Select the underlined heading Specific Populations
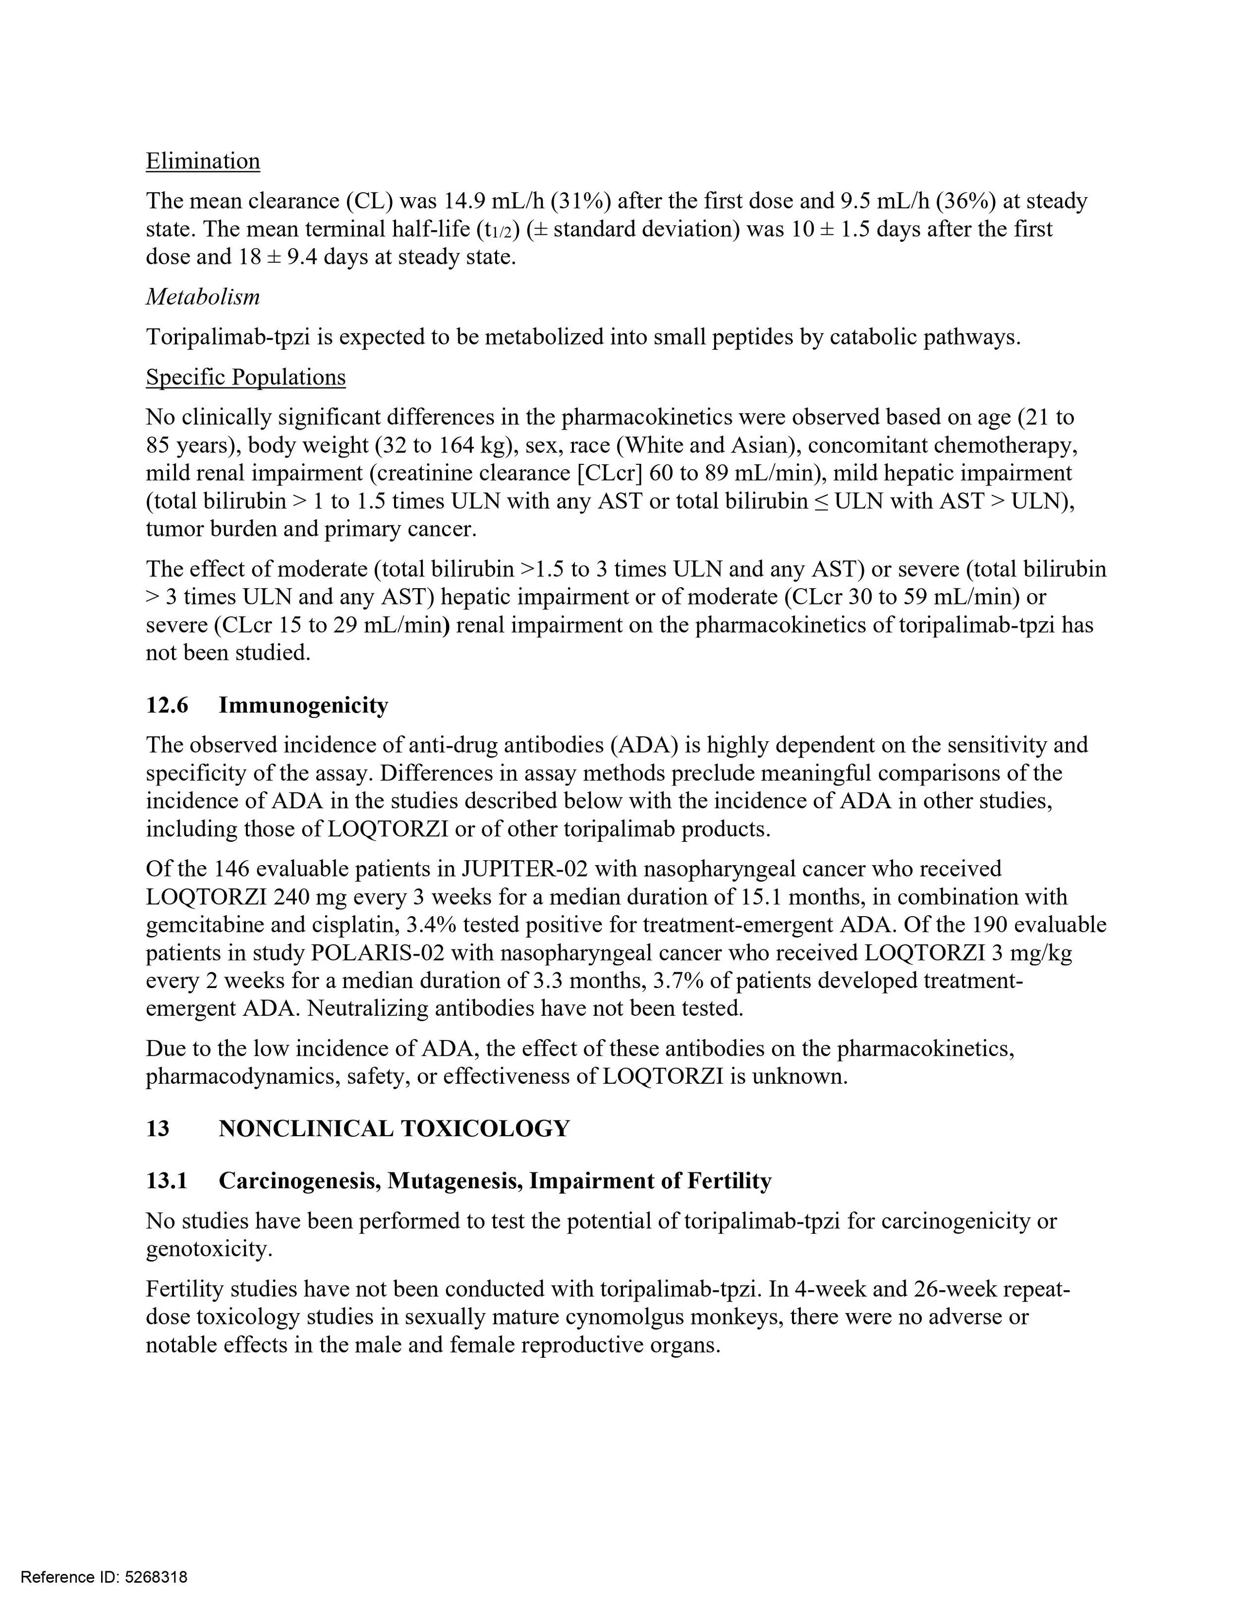pyautogui.click(x=245, y=377)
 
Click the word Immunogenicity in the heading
pyautogui.click(x=303, y=705)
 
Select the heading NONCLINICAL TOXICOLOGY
pyautogui.click(x=394, y=1128)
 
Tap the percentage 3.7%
pyautogui.click(x=673, y=981)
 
